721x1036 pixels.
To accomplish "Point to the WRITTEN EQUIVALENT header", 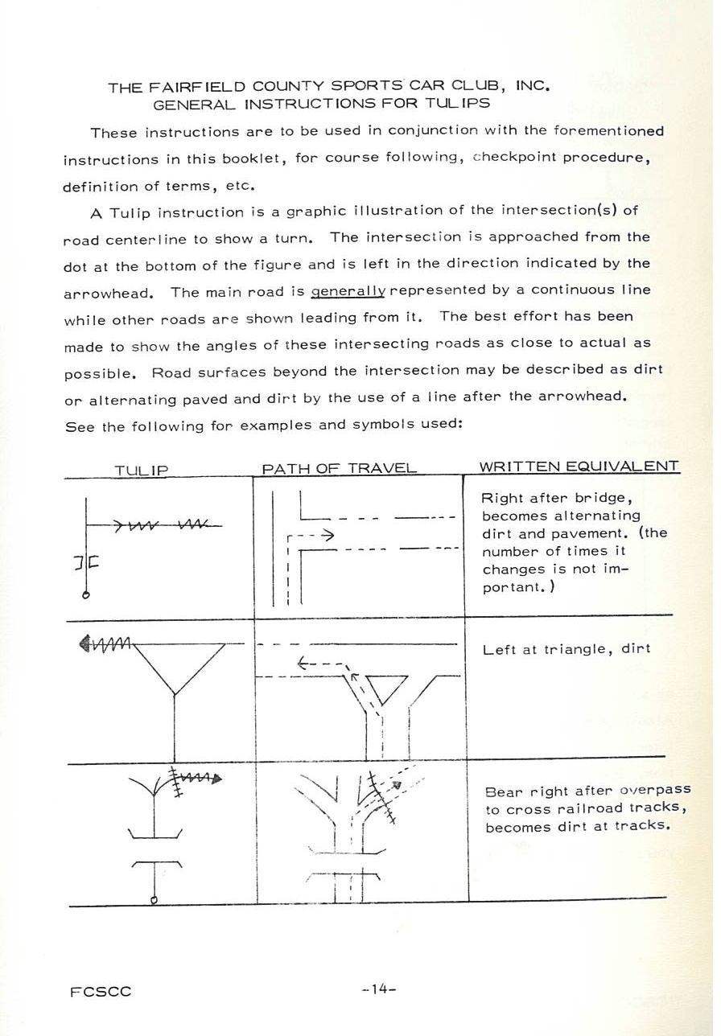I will coord(579,467).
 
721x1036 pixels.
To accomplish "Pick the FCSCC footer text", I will coord(101,992).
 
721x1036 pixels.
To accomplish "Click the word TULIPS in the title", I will coord(461,103).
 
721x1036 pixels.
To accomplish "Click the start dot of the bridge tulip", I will coord(85,595).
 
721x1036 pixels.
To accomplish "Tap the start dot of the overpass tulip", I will coord(154,899).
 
